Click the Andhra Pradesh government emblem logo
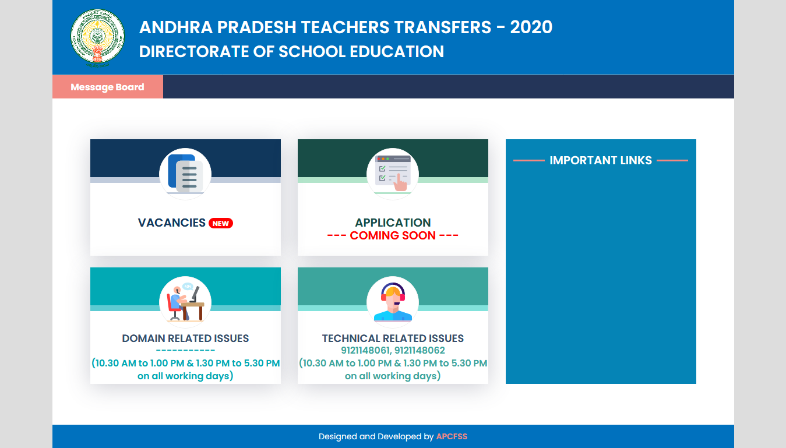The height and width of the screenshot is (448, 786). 97,36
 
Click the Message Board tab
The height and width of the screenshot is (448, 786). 107,87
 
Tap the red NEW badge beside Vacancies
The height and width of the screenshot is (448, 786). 221,223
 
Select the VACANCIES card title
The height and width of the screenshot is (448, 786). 172,223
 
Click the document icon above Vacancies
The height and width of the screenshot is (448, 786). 185,174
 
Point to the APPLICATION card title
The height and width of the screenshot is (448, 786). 393,223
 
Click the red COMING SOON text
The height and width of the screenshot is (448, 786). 393,235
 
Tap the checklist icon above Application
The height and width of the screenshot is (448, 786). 393,174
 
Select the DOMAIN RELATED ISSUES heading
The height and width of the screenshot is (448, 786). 185,338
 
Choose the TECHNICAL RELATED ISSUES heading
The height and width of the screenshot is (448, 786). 393,338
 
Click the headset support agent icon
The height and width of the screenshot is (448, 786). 393,302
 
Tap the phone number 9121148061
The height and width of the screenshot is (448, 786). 365,351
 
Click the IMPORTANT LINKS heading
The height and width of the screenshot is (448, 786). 601,160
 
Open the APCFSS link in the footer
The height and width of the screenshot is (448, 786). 452,436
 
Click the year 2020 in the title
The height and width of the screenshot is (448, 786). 531,27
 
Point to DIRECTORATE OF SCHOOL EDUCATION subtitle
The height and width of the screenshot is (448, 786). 291,52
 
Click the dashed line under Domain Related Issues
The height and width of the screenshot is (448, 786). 185,351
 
